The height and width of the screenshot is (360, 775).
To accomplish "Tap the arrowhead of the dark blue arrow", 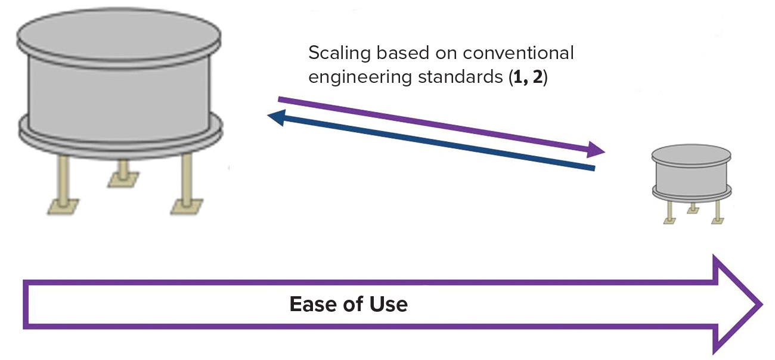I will click(x=275, y=118).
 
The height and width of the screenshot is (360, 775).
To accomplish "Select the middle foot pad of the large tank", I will click(x=124, y=178).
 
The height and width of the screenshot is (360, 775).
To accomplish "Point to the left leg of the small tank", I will click(x=671, y=208).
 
